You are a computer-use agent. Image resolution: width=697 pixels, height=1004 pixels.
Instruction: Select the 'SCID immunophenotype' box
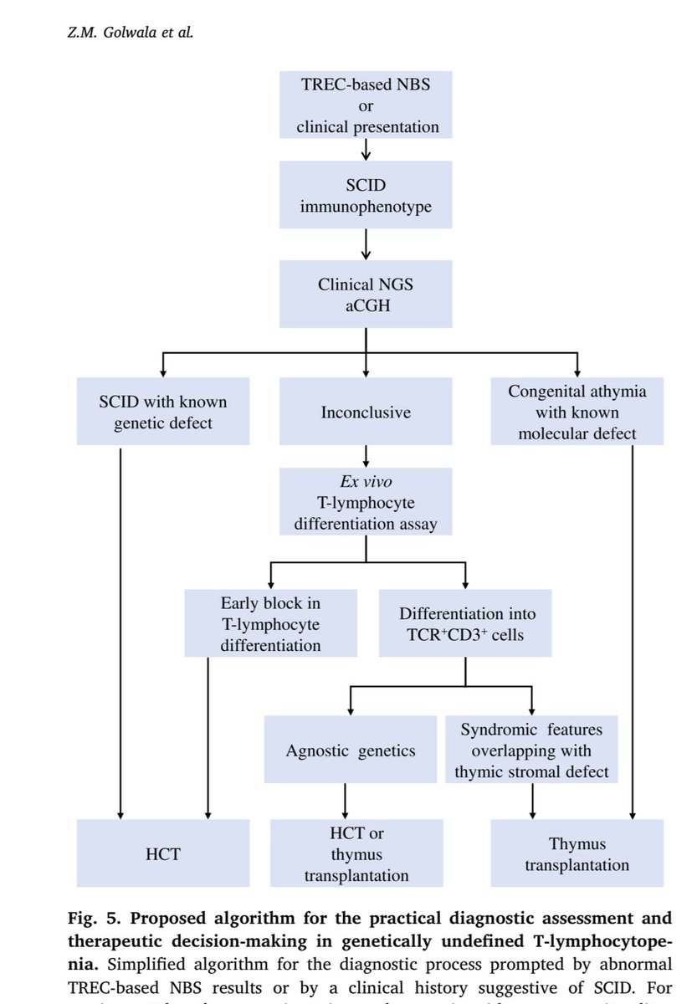[x=365, y=195]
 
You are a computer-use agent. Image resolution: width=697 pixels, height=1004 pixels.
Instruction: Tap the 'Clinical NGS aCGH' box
[x=365, y=294]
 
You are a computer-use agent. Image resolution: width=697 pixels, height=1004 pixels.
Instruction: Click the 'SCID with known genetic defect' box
[x=162, y=412]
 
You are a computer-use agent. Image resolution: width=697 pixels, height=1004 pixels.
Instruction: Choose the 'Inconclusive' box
[x=365, y=412]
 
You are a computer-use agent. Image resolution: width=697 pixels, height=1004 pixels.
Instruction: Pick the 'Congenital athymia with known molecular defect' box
[x=577, y=412]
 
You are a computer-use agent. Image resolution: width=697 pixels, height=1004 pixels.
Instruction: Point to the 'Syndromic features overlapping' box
[x=531, y=749]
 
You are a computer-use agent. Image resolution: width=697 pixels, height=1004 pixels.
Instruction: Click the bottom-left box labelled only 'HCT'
[x=162, y=853]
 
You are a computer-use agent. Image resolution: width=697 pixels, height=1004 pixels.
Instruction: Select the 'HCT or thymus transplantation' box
[x=344, y=853]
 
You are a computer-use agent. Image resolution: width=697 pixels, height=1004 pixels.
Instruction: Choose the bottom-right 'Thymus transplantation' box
[x=577, y=853]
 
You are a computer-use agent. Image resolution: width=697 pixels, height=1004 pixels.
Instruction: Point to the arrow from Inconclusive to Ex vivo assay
[x=366, y=457]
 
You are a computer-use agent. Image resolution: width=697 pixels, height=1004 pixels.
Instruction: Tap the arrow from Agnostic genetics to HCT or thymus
[x=344, y=802]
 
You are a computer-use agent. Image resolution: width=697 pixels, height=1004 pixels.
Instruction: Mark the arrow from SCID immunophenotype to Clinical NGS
[x=366, y=243]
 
